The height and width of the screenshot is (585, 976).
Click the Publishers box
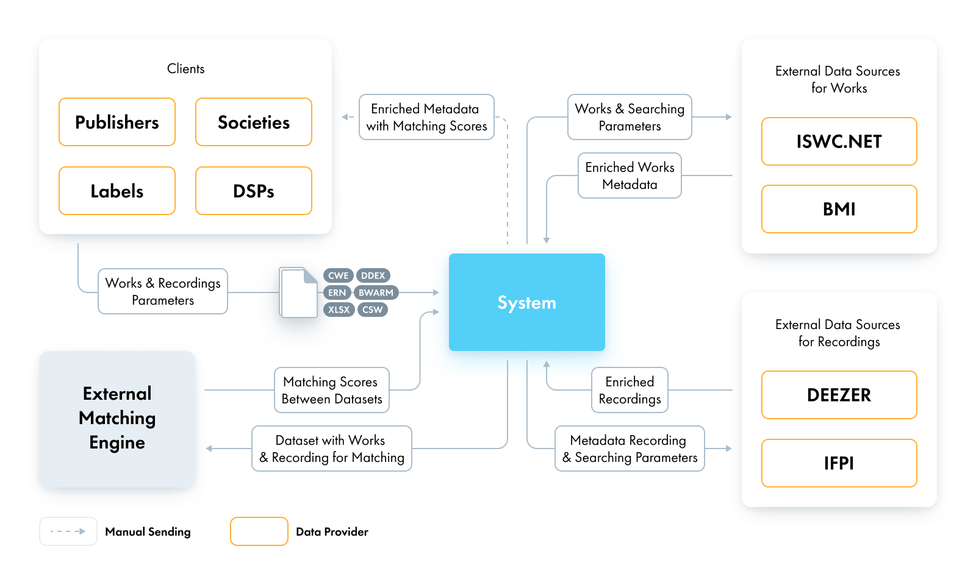(x=117, y=122)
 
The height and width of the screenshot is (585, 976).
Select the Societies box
(x=254, y=122)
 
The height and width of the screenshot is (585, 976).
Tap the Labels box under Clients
(x=117, y=191)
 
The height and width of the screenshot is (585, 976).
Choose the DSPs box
(x=254, y=191)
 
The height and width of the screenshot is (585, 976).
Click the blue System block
(x=526, y=302)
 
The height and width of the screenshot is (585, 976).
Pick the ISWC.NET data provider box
(x=839, y=141)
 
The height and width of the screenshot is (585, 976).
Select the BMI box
(x=839, y=209)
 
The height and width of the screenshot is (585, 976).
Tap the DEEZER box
(x=839, y=395)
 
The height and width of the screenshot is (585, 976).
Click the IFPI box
(x=839, y=463)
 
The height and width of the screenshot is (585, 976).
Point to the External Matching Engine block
(x=117, y=418)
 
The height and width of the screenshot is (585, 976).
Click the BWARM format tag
(x=376, y=292)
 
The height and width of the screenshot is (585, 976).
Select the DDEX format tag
(x=373, y=275)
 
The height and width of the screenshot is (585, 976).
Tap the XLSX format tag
(x=339, y=310)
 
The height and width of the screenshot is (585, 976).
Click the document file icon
(x=299, y=292)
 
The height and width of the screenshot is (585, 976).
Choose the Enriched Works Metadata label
(x=630, y=175)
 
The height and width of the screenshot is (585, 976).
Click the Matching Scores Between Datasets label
(x=332, y=390)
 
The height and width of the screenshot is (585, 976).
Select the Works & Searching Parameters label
(x=630, y=117)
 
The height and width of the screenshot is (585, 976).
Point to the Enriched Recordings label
(x=630, y=390)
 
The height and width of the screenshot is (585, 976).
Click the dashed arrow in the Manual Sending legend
(x=68, y=531)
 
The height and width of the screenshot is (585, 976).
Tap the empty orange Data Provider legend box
(x=259, y=531)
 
